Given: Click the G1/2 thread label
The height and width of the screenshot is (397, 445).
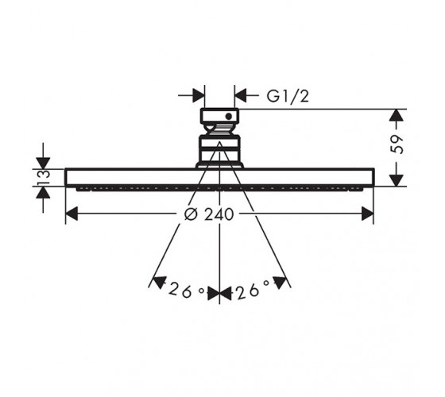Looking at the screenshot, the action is (287, 96).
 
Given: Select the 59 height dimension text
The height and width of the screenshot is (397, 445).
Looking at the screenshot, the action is (397, 145).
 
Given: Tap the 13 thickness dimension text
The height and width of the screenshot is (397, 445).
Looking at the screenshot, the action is (44, 178).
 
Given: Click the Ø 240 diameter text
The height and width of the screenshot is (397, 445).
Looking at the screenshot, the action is (209, 214).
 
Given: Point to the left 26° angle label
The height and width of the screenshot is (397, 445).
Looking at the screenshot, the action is (187, 290).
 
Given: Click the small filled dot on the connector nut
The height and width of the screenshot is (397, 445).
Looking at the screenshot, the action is (229, 116).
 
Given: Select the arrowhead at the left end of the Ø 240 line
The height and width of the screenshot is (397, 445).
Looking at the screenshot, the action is (72, 214).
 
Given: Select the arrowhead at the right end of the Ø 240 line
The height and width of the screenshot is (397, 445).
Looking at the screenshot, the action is (367, 214).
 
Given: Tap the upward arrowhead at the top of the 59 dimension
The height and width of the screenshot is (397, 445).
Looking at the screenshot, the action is (397, 115).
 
